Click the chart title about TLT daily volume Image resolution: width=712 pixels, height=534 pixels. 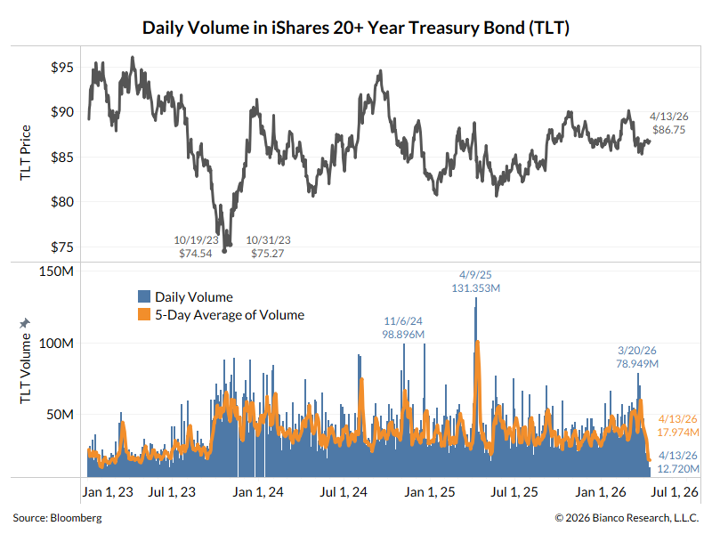click(x=356, y=28)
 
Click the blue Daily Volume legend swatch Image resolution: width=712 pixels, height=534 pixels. click(x=143, y=297)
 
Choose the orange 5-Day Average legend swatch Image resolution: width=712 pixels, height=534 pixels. click(x=143, y=315)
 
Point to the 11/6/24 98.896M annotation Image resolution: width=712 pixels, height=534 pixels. click(x=403, y=327)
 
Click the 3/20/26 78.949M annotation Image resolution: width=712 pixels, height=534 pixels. click(x=637, y=357)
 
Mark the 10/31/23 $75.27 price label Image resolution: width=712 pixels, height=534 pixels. click(x=269, y=247)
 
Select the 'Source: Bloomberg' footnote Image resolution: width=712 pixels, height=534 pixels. click(x=57, y=517)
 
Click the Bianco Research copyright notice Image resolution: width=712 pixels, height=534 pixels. click(x=627, y=517)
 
